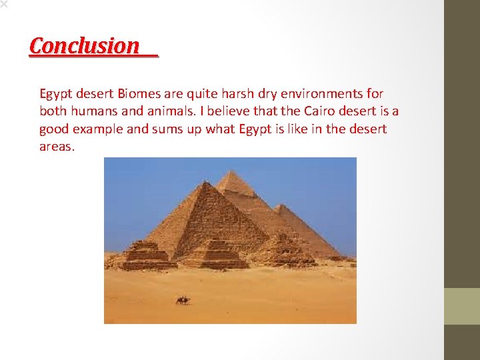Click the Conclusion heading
pyautogui.click(x=85, y=46)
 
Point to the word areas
pyautogui.click(x=57, y=147)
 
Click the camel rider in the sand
pyautogui.click(x=182, y=300)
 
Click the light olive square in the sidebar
pyautogui.click(x=462, y=306)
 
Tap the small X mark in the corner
pyautogui.click(x=3, y=3)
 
